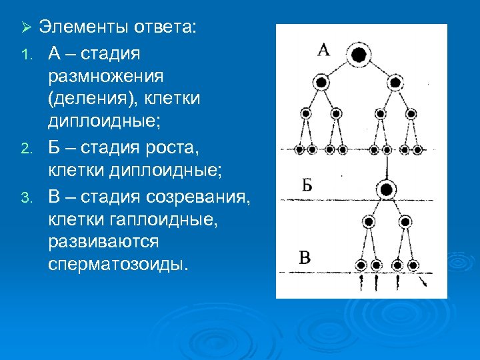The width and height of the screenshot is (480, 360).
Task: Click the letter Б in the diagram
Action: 306,185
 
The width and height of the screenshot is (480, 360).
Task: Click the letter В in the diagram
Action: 305,257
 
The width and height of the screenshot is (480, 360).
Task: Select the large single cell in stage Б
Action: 385,190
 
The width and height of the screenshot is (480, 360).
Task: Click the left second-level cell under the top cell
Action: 321,83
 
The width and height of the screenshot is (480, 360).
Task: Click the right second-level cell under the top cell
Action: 395,83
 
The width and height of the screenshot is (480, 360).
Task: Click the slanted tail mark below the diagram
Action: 423,283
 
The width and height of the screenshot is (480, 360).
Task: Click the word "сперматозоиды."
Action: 119,264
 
